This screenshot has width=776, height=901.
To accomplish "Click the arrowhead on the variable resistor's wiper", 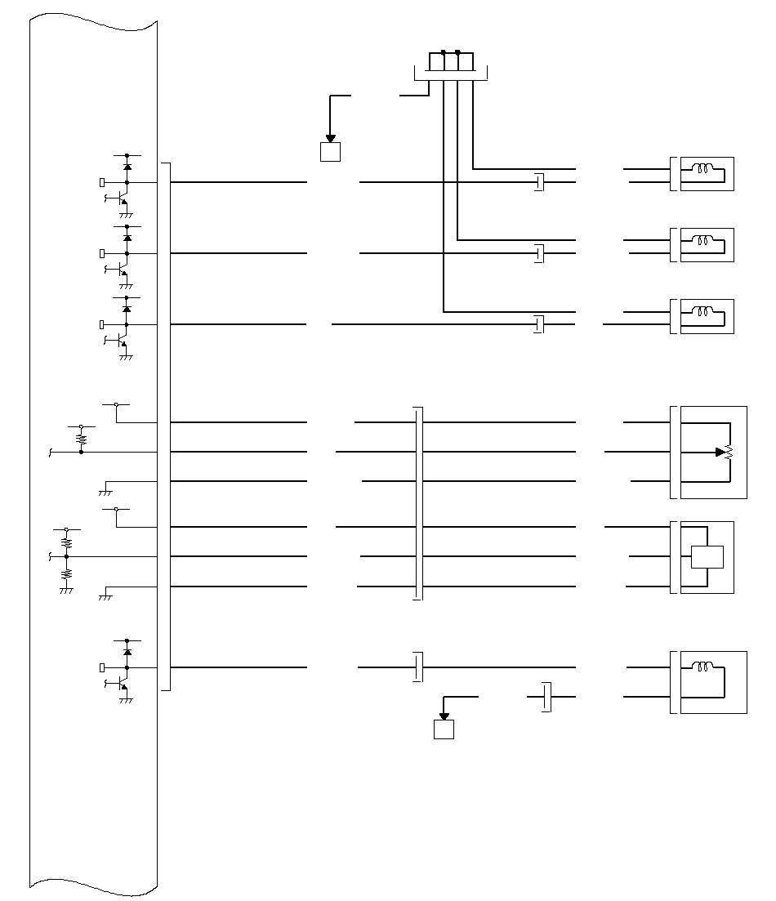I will click(x=720, y=452).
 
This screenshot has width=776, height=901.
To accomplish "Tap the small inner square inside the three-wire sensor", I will click(x=707, y=556).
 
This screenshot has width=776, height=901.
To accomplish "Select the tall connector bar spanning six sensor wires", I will click(x=419, y=503).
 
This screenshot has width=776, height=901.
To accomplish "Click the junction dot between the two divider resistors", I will click(x=66, y=556).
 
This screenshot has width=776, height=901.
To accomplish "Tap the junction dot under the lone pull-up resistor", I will click(x=81, y=452).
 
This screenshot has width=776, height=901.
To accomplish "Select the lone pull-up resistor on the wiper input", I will click(x=81, y=439).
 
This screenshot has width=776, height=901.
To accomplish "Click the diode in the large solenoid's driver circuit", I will click(x=127, y=652).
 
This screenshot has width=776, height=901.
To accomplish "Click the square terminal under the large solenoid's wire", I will click(x=443, y=729).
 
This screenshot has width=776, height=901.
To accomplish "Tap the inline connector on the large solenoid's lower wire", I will click(x=547, y=697).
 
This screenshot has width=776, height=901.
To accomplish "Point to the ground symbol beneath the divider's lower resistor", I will click(x=66, y=590).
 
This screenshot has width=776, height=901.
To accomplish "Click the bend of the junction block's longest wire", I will click(x=444, y=311).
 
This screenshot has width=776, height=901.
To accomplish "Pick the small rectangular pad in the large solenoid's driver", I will click(x=101, y=667).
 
